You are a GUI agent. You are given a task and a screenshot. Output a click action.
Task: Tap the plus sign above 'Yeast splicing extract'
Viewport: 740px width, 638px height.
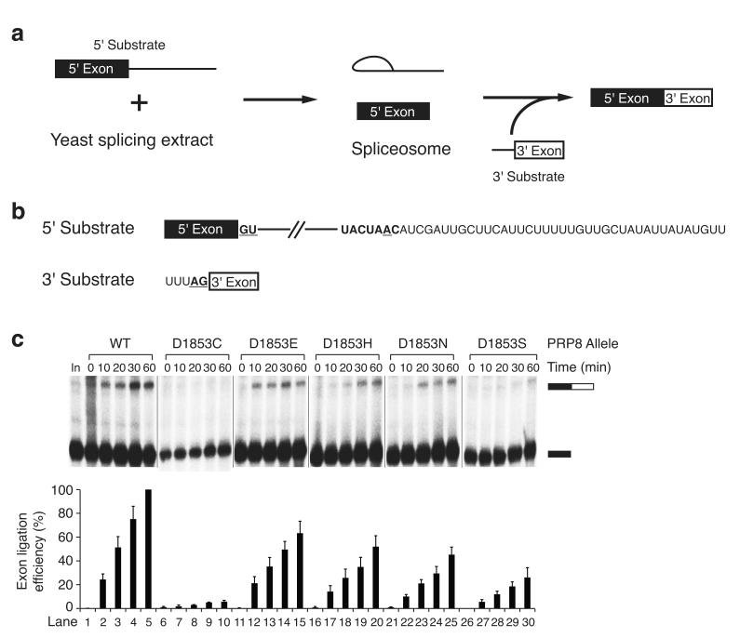pos(139,102)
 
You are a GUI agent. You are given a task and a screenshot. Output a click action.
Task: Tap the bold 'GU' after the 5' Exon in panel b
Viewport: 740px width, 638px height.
pos(248,228)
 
